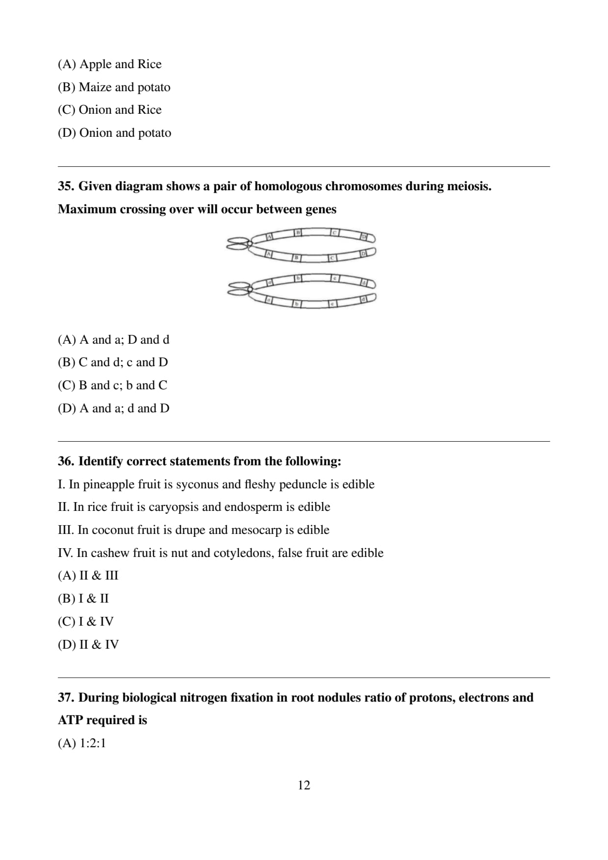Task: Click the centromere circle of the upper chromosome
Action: click(x=250, y=243)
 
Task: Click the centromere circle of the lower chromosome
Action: click(x=250, y=289)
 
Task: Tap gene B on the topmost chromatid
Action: click(x=297, y=232)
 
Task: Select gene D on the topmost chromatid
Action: click(x=364, y=237)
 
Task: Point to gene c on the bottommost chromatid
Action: click(x=332, y=304)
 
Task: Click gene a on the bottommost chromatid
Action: click(x=269, y=299)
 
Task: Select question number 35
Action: click(x=66, y=186)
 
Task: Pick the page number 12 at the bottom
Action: click(x=304, y=785)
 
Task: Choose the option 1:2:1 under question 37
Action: click(x=93, y=743)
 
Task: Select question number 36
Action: click(x=66, y=461)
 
